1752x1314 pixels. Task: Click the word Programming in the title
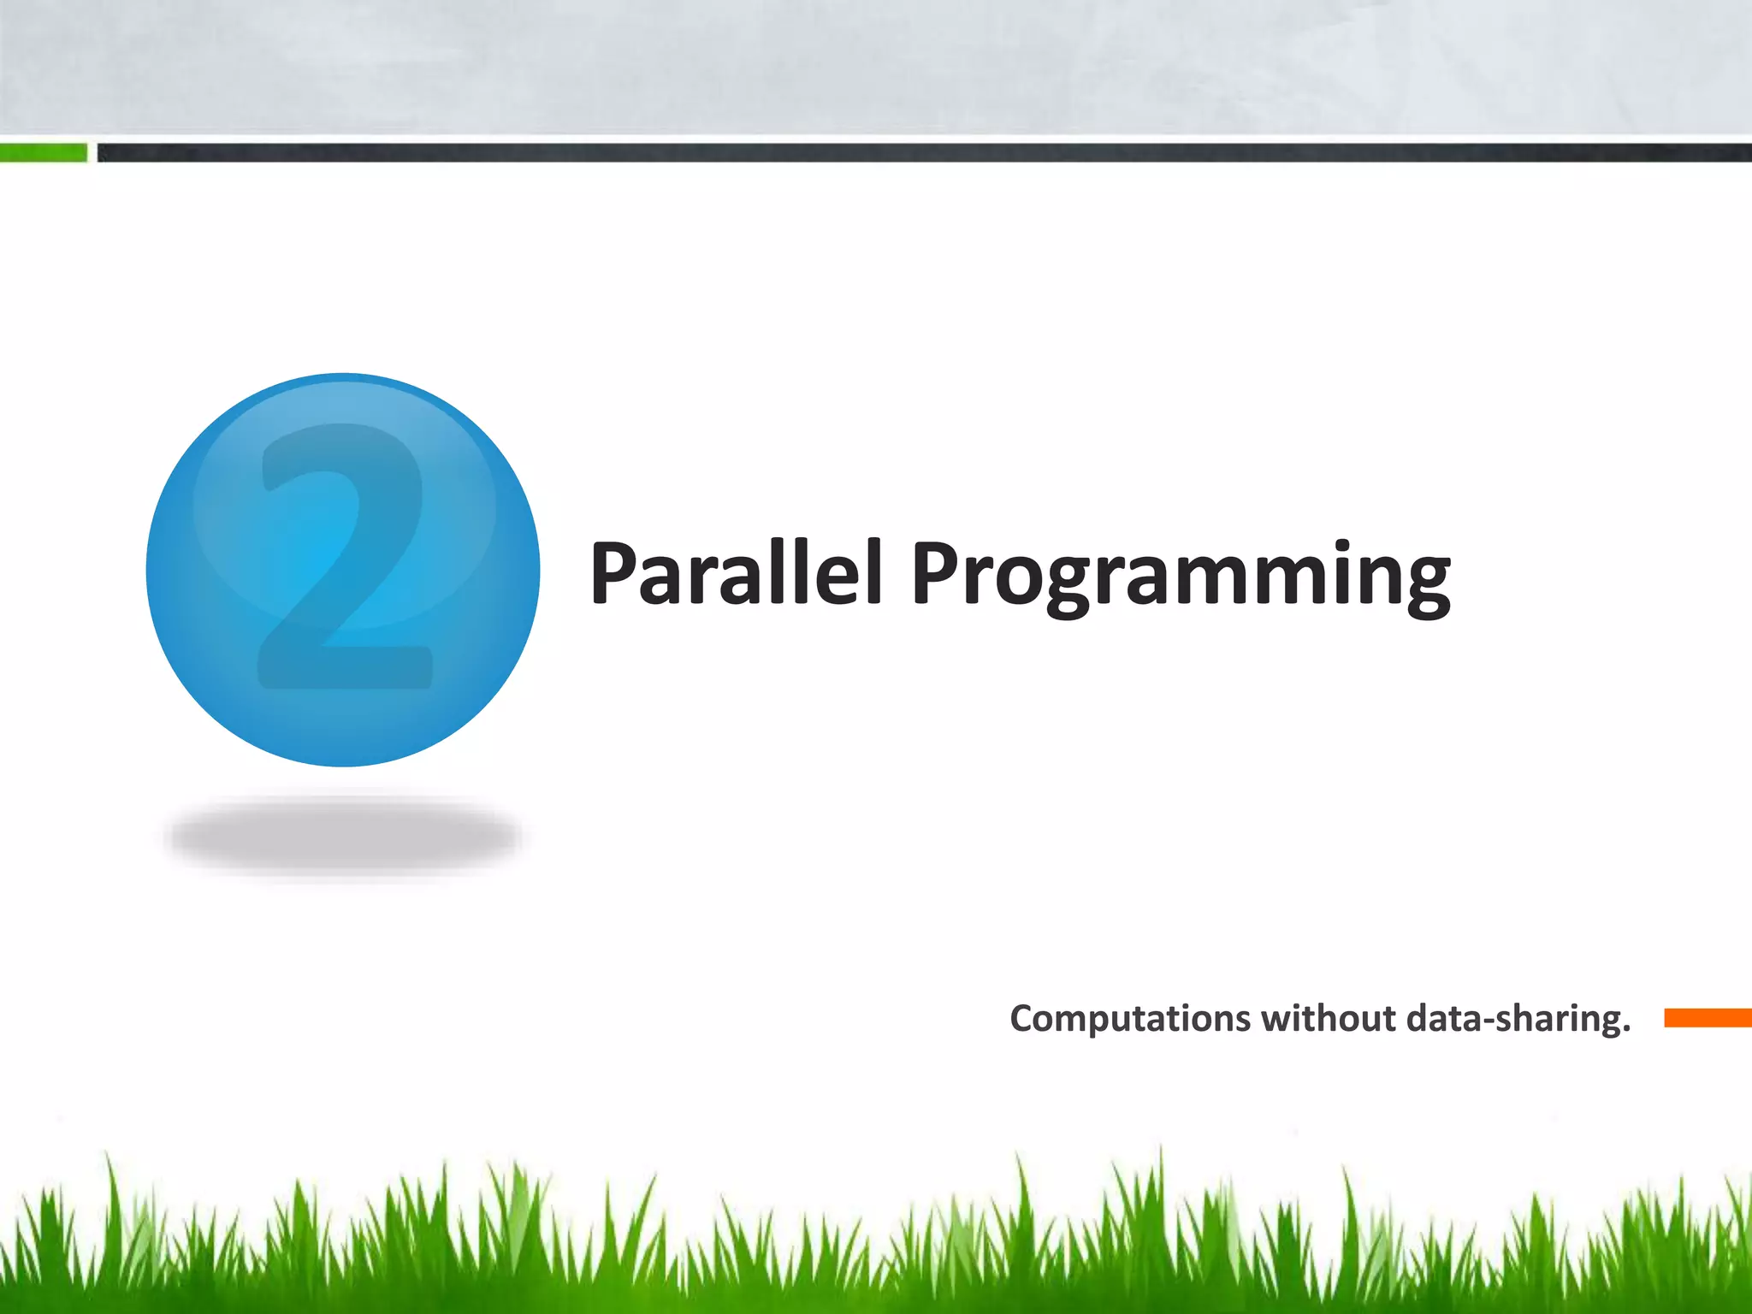tap(1181, 575)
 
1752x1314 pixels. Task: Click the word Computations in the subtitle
tap(1130, 1019)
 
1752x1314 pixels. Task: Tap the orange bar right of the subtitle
tap(1707, 1018)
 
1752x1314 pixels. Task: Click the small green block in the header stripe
tap(43, 153)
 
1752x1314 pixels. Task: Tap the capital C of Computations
tap(1023, 1019)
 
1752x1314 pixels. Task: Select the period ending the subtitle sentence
tap(1626, 1030)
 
